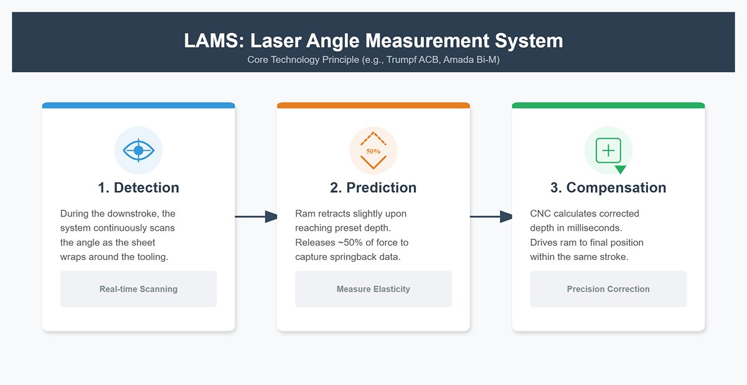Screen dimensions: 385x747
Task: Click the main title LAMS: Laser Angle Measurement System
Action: pos(374,41)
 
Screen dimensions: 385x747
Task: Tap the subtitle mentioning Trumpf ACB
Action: pos(374,60)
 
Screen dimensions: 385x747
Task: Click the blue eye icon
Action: pos(138,151)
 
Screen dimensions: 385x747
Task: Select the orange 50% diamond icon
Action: pos(374,151)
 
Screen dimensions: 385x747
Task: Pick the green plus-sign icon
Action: pos(608,151)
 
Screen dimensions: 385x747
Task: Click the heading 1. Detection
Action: pos(138,188)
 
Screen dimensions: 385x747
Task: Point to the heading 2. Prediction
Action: pos(374,188)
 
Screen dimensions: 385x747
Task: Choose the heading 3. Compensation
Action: pos(608,188)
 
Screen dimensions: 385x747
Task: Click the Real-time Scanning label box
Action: pos(138,289)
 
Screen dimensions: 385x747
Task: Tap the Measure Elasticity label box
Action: pos(374,289)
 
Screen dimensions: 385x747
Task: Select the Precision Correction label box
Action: pos(608,289)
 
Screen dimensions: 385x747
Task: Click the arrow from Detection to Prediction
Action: pos(256,216)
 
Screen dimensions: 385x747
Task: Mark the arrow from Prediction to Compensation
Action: pos(491,216)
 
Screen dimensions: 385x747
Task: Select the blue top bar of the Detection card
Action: pos(138,105)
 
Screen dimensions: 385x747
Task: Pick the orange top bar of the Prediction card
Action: pos(374,105)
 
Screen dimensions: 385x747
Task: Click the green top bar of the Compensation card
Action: pos(608,105)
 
